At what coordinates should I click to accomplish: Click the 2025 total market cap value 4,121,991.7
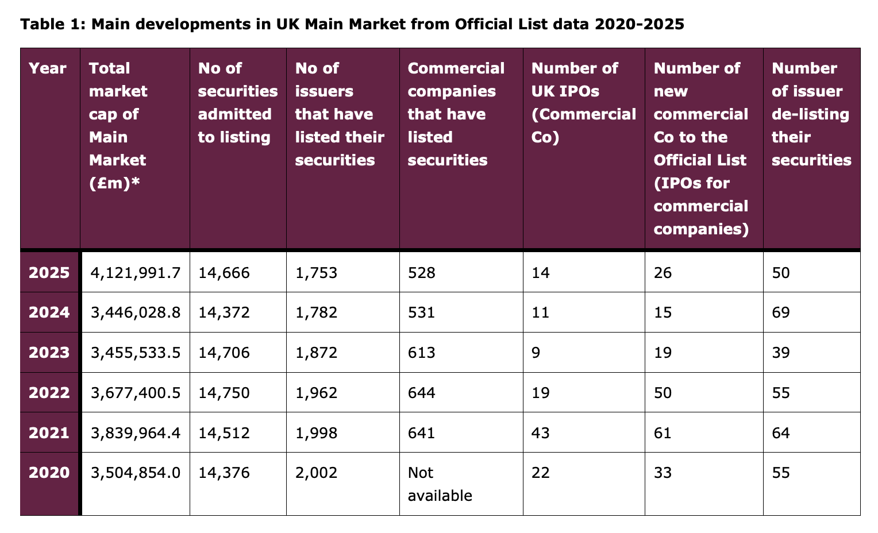click(x=136, y=272)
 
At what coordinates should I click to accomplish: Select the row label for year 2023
click(x=49, y=353)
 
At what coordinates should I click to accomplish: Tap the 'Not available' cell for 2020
click(x=440, y=484)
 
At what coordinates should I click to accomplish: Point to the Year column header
click(x=48, y=68)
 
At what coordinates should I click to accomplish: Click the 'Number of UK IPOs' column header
click(x=583, y=103)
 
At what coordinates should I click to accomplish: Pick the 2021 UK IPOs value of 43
click(x=541, y=432)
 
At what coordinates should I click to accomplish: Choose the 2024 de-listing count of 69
click(x=781, y=312)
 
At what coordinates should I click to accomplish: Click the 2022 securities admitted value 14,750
click(x=224, y=393)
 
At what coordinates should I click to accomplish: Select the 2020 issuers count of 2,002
click(x=316, y=473)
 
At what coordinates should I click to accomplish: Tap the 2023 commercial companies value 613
click(x=421, y=353)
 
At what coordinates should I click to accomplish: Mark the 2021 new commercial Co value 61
click(x=663, y=432)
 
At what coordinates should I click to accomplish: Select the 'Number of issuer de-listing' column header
click(x=810, y=114)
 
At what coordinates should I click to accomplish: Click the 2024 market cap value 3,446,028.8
click(x=136, y=312)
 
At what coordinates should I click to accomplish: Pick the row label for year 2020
click(x=49, y=473)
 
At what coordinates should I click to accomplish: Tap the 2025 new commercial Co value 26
click(x=663, y=272)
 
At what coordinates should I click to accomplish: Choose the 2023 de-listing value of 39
click(x=781, y=353)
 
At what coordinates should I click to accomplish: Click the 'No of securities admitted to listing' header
click(x=237, y=103)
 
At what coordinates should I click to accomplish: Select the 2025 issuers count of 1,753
click(x=316, y=272)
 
